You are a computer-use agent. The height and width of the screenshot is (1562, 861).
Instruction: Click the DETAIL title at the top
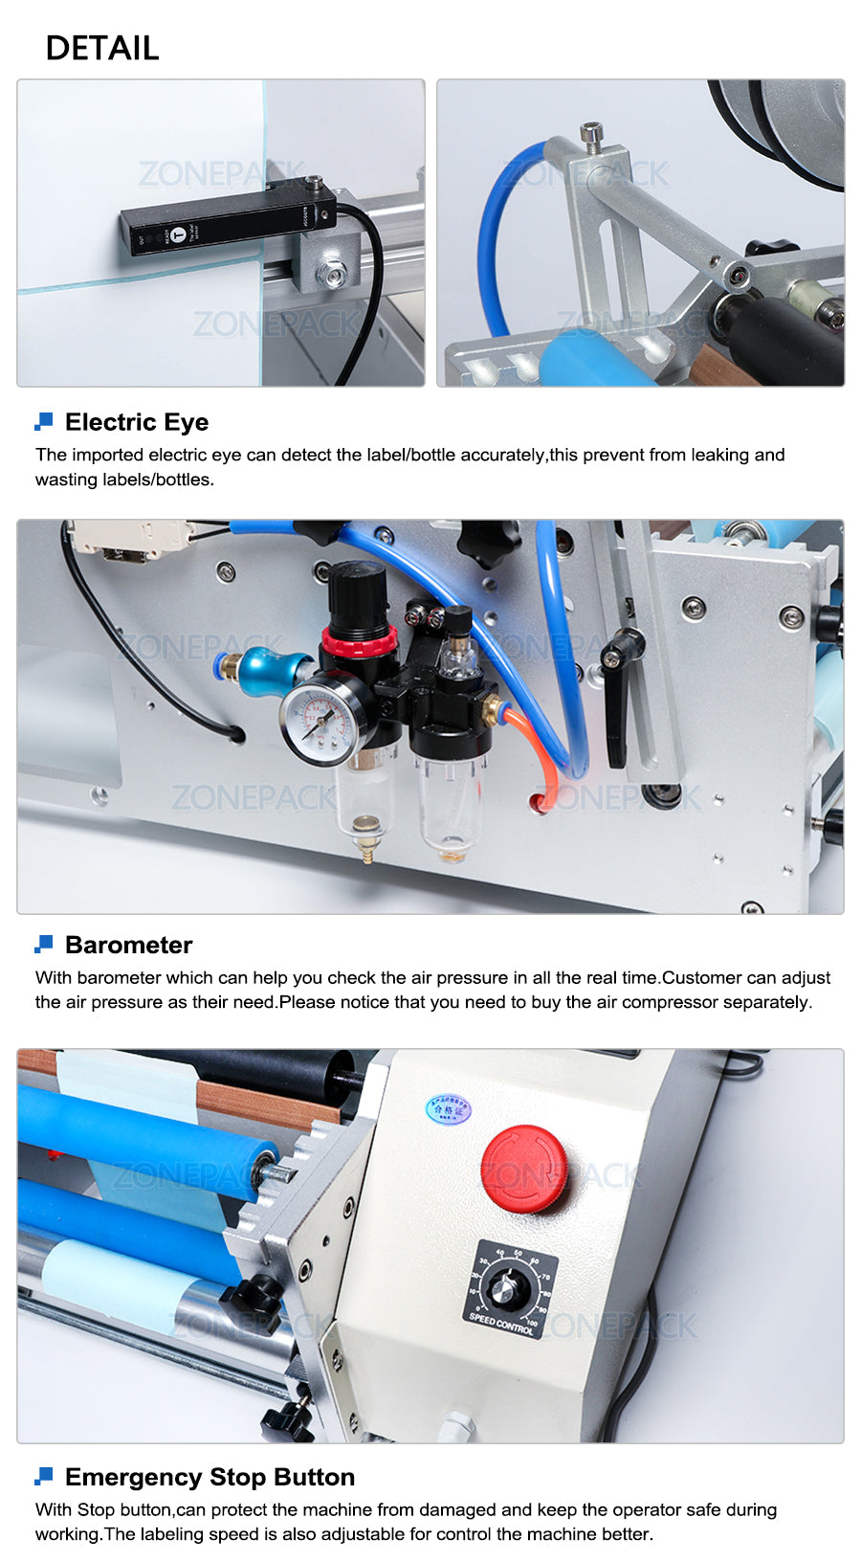tap(102, 48)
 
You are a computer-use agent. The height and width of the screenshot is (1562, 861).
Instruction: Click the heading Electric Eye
tap(137, 422)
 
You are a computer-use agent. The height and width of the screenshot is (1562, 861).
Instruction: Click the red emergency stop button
tap(523, 1169)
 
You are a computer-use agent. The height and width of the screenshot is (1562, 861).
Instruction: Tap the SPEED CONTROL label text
tap(501, 1324)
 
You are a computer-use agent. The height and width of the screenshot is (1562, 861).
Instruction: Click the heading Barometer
tap(129, 945)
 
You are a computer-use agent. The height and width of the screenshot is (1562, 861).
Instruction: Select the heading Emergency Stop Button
tap(210, 1477)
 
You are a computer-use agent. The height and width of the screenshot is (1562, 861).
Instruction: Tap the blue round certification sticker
tap(448, 1109)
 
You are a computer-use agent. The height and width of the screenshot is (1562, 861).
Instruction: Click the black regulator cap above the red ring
tap(358, 598)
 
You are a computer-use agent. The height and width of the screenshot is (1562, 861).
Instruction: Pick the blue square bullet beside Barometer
tap(44, 945)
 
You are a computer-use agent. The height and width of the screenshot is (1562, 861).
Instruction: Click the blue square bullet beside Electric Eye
tap(44, 421)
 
